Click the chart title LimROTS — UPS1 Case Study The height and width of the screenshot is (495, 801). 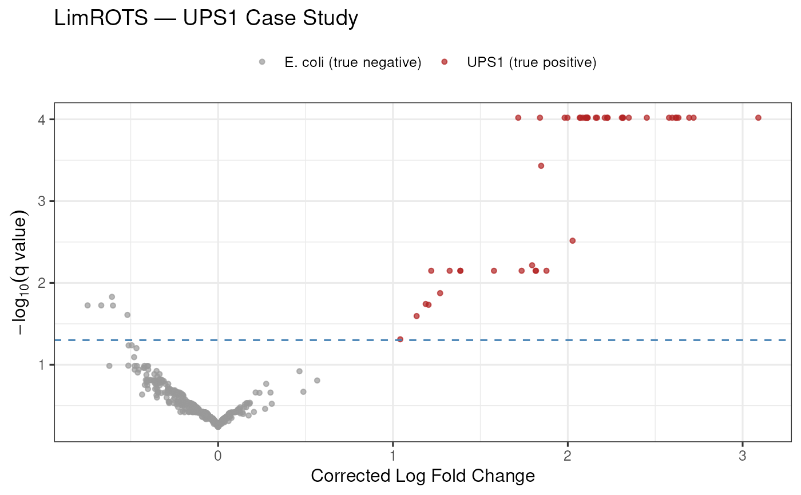(x=206, y=18)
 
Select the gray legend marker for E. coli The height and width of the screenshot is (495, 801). (x=262, y=62)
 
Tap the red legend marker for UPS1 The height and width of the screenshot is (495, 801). (x=445, y=62)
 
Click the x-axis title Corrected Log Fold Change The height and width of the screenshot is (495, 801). (x=423, y=476)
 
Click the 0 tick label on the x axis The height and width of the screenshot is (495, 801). (x=218, y=456)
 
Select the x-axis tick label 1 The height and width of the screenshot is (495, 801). (x=392, y=456)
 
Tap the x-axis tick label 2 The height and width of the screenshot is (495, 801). (x=568, y=456)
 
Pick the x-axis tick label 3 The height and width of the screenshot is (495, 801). (x=743, y=456)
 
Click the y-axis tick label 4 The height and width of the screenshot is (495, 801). (x=42, y=120)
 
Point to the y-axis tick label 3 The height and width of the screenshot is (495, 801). (x=42, y=201)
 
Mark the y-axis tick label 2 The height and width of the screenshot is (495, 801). (x=42, y=283)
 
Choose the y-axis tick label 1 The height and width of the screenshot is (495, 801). (x=42, y=365)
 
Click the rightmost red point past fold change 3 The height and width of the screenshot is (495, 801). (x=758, y=118)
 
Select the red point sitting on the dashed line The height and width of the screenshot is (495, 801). (x=400, y=339)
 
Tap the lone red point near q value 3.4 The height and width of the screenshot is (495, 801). (x=541, y=165)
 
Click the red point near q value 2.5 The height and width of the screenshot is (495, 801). (x=573, y=241)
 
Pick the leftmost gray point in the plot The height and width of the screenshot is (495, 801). (x=88, y=305)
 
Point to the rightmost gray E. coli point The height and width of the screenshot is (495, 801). (x=317, y=380)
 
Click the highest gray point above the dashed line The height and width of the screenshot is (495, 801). (x=112, y=296)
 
